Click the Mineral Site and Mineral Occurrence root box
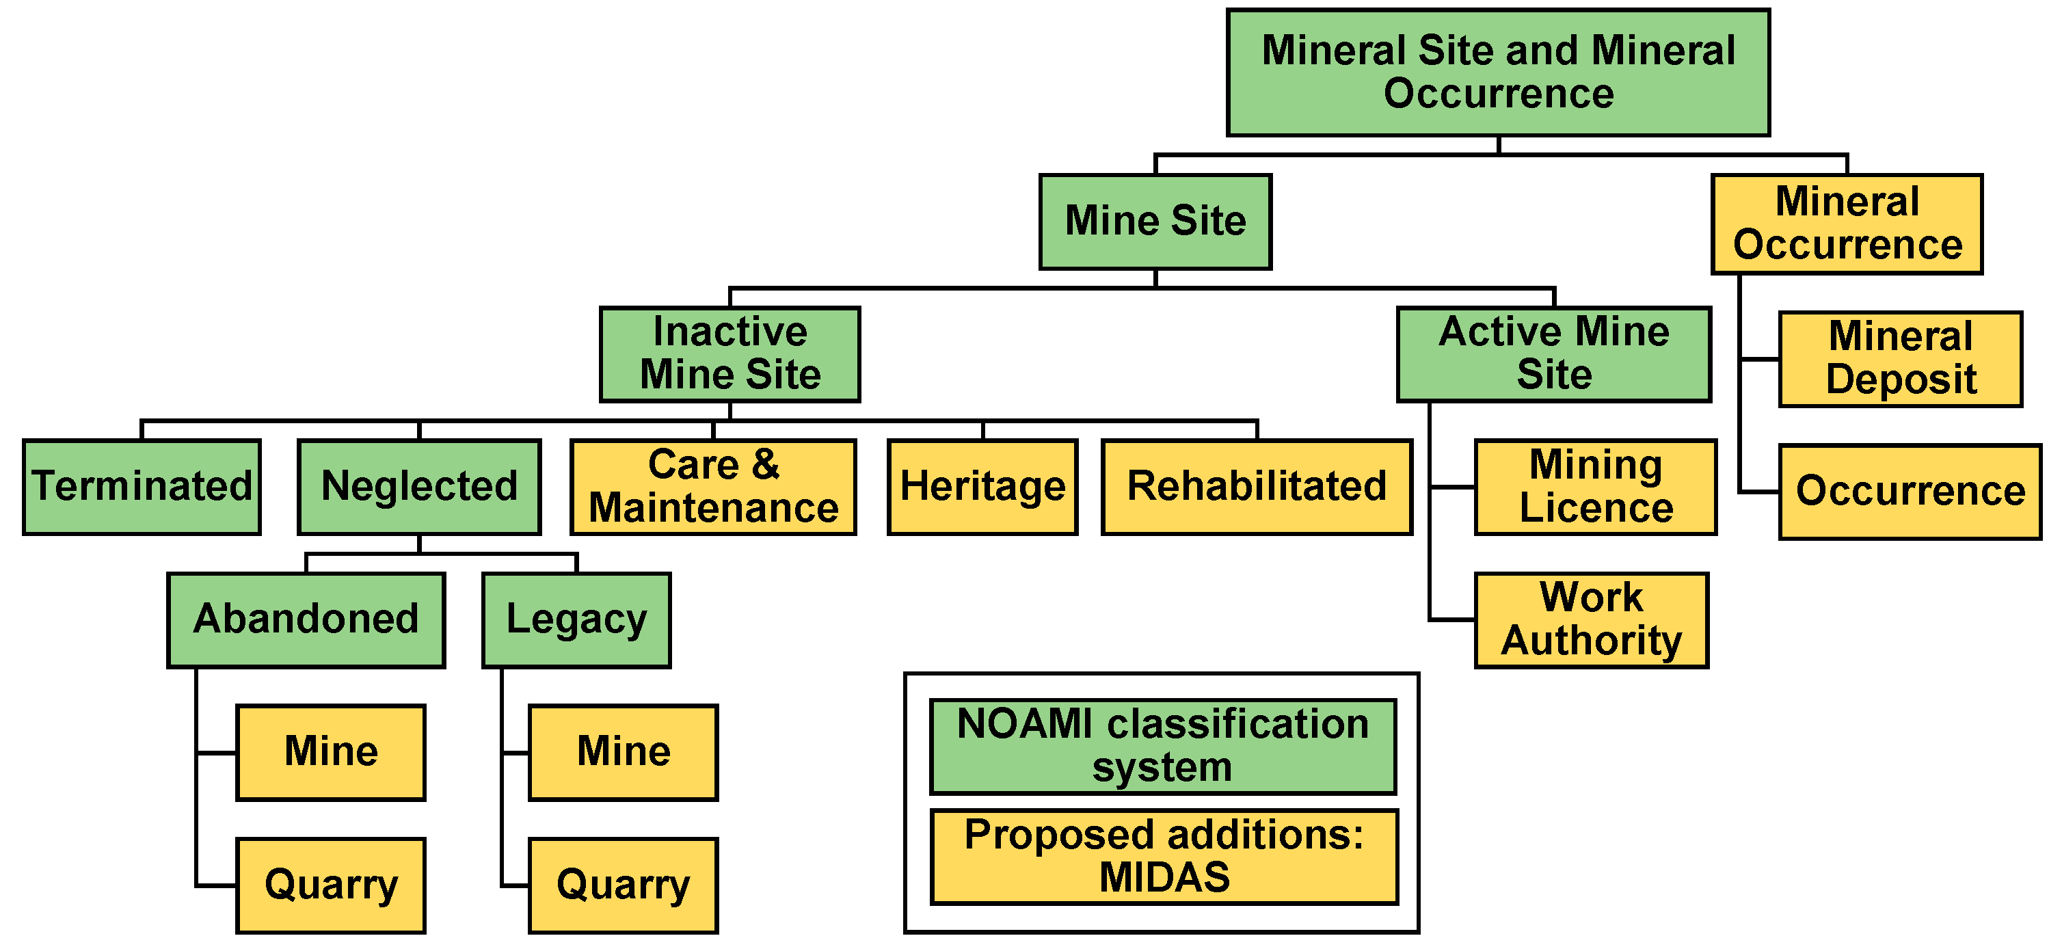point(1498,72)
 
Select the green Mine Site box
point(1155,221)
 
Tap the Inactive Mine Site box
point(730,353)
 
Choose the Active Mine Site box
point(1554,353)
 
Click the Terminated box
point(142,487)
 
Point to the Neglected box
point(418,487)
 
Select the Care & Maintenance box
point(713,487)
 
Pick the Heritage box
point(982,487)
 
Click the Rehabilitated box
point(1257,487)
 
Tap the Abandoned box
point(306,619)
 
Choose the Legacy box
point(576,619)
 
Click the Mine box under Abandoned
point(331,752)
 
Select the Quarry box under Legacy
point(623,885)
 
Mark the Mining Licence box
point(1595,487)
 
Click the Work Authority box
point(1592,619)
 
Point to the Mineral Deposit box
point(1900,358)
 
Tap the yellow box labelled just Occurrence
point(1910,492)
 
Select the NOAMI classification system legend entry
point(1163,746)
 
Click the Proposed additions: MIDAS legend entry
point(1164,856)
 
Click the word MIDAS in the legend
point(1164,878)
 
